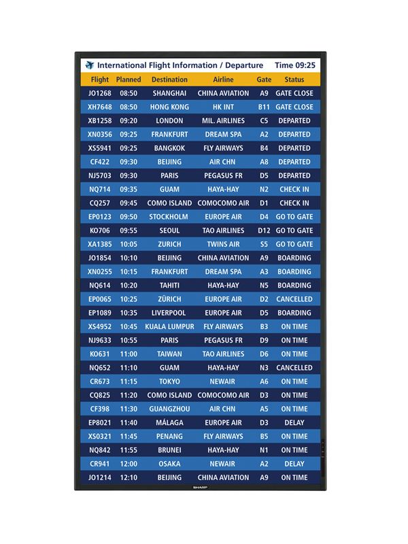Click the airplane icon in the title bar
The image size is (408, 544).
tap(90, 65)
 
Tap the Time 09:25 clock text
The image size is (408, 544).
tap(294, 65)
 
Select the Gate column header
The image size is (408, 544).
tap(264, 80)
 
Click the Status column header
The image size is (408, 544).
tap(294, 80)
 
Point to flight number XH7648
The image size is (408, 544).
tap(100, 107)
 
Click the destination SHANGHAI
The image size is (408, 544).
tap(169, 93)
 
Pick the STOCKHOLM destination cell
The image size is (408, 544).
tap(169, 217)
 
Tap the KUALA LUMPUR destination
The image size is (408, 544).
tap(169, 326)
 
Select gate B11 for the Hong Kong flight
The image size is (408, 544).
tap(264, 107)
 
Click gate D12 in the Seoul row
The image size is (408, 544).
tap(264, 231)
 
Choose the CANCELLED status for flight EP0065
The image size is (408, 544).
tap(294, 299)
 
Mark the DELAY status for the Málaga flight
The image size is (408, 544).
tap(294, 422)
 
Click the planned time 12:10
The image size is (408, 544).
tap(129, 477)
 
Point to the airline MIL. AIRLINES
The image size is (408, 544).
tap(223, 120)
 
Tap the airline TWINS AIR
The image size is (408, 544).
tap(223, 244)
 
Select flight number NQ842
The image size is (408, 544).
tap(100, 449)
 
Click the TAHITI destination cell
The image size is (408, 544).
tap(169, 286)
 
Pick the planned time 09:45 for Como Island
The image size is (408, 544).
tap(129, 203)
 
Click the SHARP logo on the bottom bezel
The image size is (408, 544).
tap(200, 487)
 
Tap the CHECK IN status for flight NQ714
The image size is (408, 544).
tap(294, 189)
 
